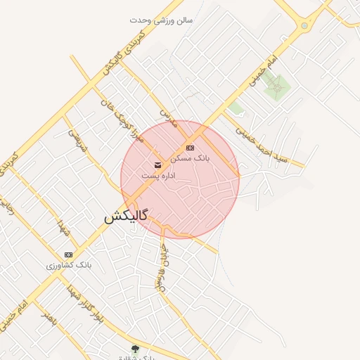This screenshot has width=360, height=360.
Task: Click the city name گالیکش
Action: [126, 217]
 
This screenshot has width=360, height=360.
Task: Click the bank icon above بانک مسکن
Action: [191, 148]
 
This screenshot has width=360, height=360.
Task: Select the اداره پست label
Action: [157, 175]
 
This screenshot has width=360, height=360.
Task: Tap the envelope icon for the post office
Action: [157, 164]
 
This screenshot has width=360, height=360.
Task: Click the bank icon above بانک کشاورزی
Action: [68, 254]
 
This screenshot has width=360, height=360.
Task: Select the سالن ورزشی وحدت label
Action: [161, 20]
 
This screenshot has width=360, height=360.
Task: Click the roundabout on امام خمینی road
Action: [304, 26]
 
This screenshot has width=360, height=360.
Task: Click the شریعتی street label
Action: [75, 141]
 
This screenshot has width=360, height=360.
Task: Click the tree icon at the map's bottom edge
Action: [135, 348]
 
